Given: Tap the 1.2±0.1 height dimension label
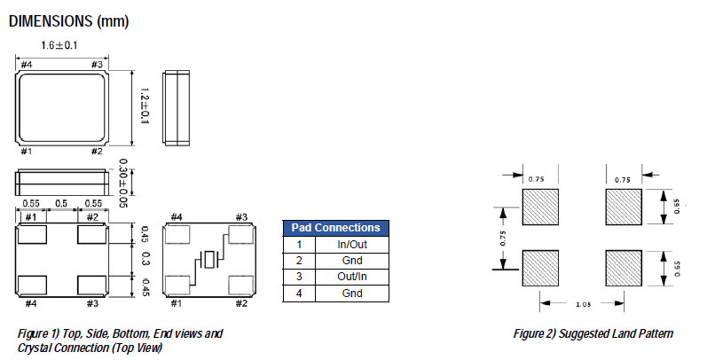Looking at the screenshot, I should pos(145,106).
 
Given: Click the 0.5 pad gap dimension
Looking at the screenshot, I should pos(62,203).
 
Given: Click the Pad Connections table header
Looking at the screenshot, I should pos(336,228).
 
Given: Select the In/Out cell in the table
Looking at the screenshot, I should pos(352,245).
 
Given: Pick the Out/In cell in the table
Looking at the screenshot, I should pos(352,277).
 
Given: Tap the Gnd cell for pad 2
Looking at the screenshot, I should pos(352,261).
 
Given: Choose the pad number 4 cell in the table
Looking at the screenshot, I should pos(300,293).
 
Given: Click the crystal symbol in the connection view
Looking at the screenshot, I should pos(209,260).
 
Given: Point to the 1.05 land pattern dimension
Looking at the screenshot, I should pos(585,304).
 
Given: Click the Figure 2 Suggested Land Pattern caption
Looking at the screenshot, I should pos(593,334).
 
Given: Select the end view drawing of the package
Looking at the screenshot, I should pos(176,106).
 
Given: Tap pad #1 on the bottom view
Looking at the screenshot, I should pos(34,235).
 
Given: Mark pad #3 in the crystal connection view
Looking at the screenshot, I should pos(241,235).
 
